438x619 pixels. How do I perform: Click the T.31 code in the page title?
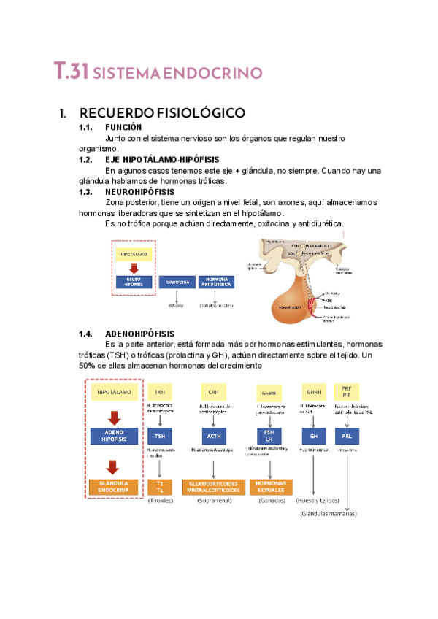pos(71,72)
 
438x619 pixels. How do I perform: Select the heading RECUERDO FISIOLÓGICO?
pos(161,113)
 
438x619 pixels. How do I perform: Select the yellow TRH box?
pos(160,391)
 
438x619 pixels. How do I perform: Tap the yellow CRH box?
pos(212,391)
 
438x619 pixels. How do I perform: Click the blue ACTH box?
pos(212,436)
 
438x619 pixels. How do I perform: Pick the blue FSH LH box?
pos(269,436)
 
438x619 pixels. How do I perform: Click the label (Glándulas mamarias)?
pos(328,514)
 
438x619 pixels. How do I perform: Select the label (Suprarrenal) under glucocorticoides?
pos(213,501)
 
